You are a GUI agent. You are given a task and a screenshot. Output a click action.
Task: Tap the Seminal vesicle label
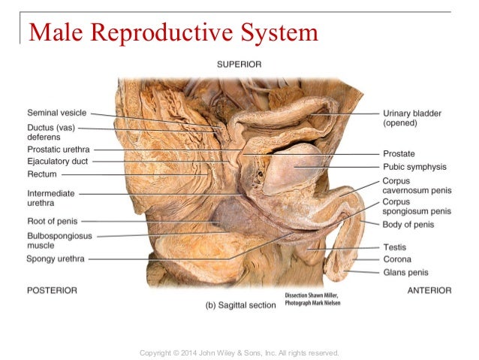(x=57, y=113)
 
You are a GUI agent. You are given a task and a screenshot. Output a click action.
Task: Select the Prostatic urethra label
(x=59, y=150)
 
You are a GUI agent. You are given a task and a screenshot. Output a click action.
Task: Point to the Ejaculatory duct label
(x=58, y=161)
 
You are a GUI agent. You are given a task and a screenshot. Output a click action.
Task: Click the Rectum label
(x=42, y=174)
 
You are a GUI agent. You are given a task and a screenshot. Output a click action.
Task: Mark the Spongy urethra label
(x=56, y=259)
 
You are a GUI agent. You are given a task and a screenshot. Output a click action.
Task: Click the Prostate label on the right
(x=399, y=153)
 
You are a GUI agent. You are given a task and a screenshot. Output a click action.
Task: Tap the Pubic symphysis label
(x=414, y=167)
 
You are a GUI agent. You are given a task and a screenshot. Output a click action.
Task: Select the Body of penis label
(x=408, y=225)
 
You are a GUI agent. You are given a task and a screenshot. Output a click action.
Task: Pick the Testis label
(x=395, y=247)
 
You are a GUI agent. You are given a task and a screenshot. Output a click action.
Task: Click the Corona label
(x=397, y=259)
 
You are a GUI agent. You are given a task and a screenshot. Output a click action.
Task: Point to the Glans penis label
(x=406, y=272)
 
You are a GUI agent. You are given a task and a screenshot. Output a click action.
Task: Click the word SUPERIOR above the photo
(x=239, y=65)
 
